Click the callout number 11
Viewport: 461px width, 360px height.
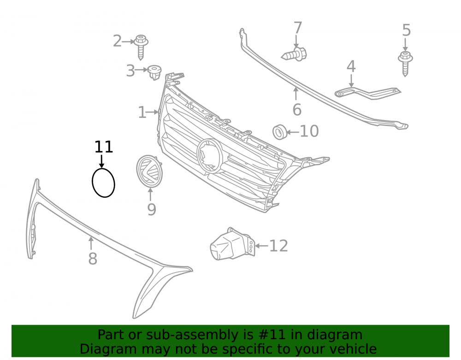click(x=103, y=147)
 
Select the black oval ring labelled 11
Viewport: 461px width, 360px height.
click(x=92, y=183)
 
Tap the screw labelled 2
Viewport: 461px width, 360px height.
click(x=141, y=47)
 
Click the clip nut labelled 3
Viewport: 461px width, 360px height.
click(x=154, y=72)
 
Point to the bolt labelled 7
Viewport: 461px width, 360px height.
click(x=294, y=54)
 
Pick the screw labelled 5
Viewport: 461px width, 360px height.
click(x=405, y=64)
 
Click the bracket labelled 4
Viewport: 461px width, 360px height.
click(x=367, y=93)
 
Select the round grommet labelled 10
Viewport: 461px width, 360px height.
click(x=280, y=132)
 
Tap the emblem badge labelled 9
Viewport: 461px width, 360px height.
click(x=150, y=171)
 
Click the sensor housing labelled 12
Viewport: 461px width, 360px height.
click(x=232, y=244)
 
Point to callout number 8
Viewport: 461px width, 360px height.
click(x=93, y=259)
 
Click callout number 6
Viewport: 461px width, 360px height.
click(x=297, y=110)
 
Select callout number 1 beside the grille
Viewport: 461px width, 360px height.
click(x=142, y=112)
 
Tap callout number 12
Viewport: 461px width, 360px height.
click(x=278, y=246)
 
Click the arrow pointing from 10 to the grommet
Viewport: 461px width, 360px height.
click(x=293, y=132)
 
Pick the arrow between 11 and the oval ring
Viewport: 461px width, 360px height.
click(x=102, y=161)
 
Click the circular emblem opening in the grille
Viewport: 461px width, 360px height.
click(x=209, y=155)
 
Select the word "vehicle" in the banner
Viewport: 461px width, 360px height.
click(x=354, y=349)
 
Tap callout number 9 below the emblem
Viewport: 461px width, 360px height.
click(x=151, y=209)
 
